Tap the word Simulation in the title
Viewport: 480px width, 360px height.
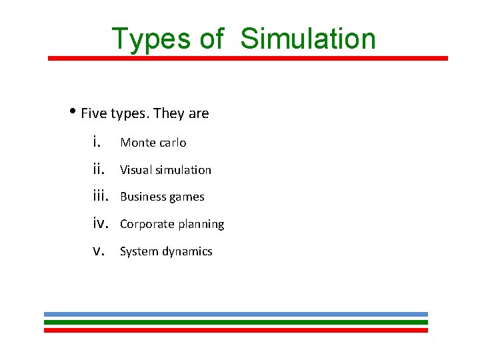click(x=308, y=39)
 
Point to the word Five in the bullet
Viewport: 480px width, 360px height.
click(x=94, y=113)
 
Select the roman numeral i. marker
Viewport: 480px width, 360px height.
click(x=97, y=141)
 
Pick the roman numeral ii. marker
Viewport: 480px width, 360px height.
click(x=99, y=169)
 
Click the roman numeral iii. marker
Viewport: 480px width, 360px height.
click(x=102, y=196)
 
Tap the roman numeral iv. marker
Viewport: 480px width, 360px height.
click(x=102, y=223)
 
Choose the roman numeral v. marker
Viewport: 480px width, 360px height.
click(x=99, y=251)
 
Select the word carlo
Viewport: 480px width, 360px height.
click(x=173, y=143)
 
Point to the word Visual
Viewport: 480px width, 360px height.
click(x=135, y=170)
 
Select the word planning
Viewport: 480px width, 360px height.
click(x=201, y=225)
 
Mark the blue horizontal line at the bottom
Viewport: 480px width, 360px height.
click(x=236, y=314)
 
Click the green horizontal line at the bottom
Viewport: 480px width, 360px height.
click(x=236, y=322)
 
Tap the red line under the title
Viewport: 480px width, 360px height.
click(x=248, y=58)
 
